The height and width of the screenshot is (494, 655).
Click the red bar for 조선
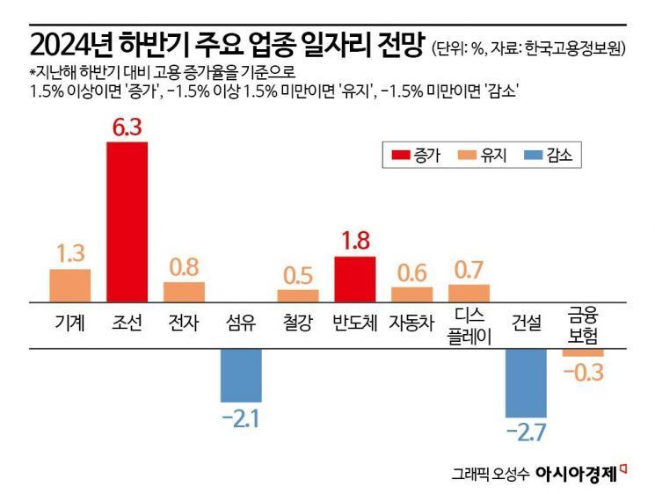pos(127,221)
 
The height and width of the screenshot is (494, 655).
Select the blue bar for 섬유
pos(241,374)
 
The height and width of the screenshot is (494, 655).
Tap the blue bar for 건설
pos(526,382)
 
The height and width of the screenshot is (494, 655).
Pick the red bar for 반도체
pos(355,279)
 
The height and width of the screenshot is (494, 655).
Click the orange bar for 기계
pos(70,285)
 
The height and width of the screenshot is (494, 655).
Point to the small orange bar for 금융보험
pos(583,352)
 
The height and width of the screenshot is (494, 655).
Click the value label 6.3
pos(127,126)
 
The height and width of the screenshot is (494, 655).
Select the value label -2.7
pos(526,432)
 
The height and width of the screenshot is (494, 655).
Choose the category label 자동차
pos(412,323)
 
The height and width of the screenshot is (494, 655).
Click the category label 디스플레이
pos(469,323)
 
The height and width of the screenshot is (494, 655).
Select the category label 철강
pos(298,323)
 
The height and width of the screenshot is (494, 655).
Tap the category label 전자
pos(184,323)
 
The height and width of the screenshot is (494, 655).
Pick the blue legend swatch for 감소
pos(529,156)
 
